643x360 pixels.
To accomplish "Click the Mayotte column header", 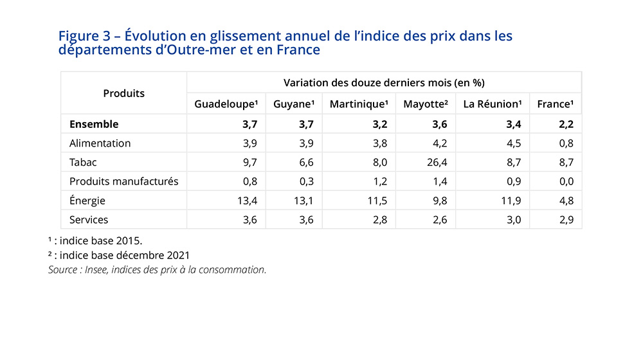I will (x=425, y=104).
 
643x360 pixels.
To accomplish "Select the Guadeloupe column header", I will (x=226, y=104).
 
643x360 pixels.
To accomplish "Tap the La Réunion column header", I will (x=492, y=104).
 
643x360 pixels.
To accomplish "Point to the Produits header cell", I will (x=123, y=93).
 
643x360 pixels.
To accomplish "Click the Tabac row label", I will (x=83, y=162).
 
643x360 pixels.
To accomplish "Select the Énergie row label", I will (x=87, y=201).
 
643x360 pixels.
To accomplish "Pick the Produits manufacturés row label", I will (x=124, y=181).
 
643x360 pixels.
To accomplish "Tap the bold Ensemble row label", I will (x=94, y=124).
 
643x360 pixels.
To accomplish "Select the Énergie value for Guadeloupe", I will (x=248, y=201).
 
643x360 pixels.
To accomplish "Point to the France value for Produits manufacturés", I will (x=566, y=181).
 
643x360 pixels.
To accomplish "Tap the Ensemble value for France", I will (x=566, y=124).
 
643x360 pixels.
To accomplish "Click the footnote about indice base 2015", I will (x=95, y=240).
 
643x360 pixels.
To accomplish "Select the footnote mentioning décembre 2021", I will (x=119, y=255).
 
